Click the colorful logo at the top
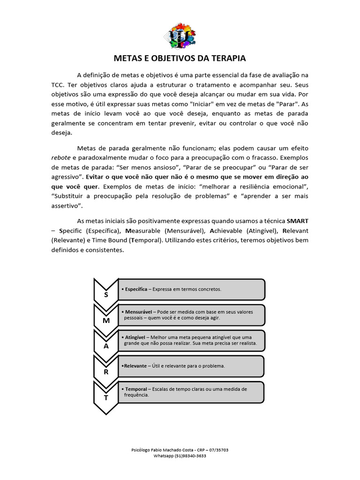click(182, 36)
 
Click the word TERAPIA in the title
click(228, 59)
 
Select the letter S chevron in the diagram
click(106, 295)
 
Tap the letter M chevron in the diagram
click(106, 321)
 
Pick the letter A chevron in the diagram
click(106, 346)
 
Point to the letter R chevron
click(106, 372)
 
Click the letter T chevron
click(106, 397)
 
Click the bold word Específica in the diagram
click(136, 289)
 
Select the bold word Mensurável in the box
click(137, 312)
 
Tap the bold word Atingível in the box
click(135, 337)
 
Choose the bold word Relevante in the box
click(135, 366)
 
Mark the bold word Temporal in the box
click(136, 389)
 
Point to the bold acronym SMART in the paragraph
click(298, 221)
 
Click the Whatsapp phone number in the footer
click(190, 456)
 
